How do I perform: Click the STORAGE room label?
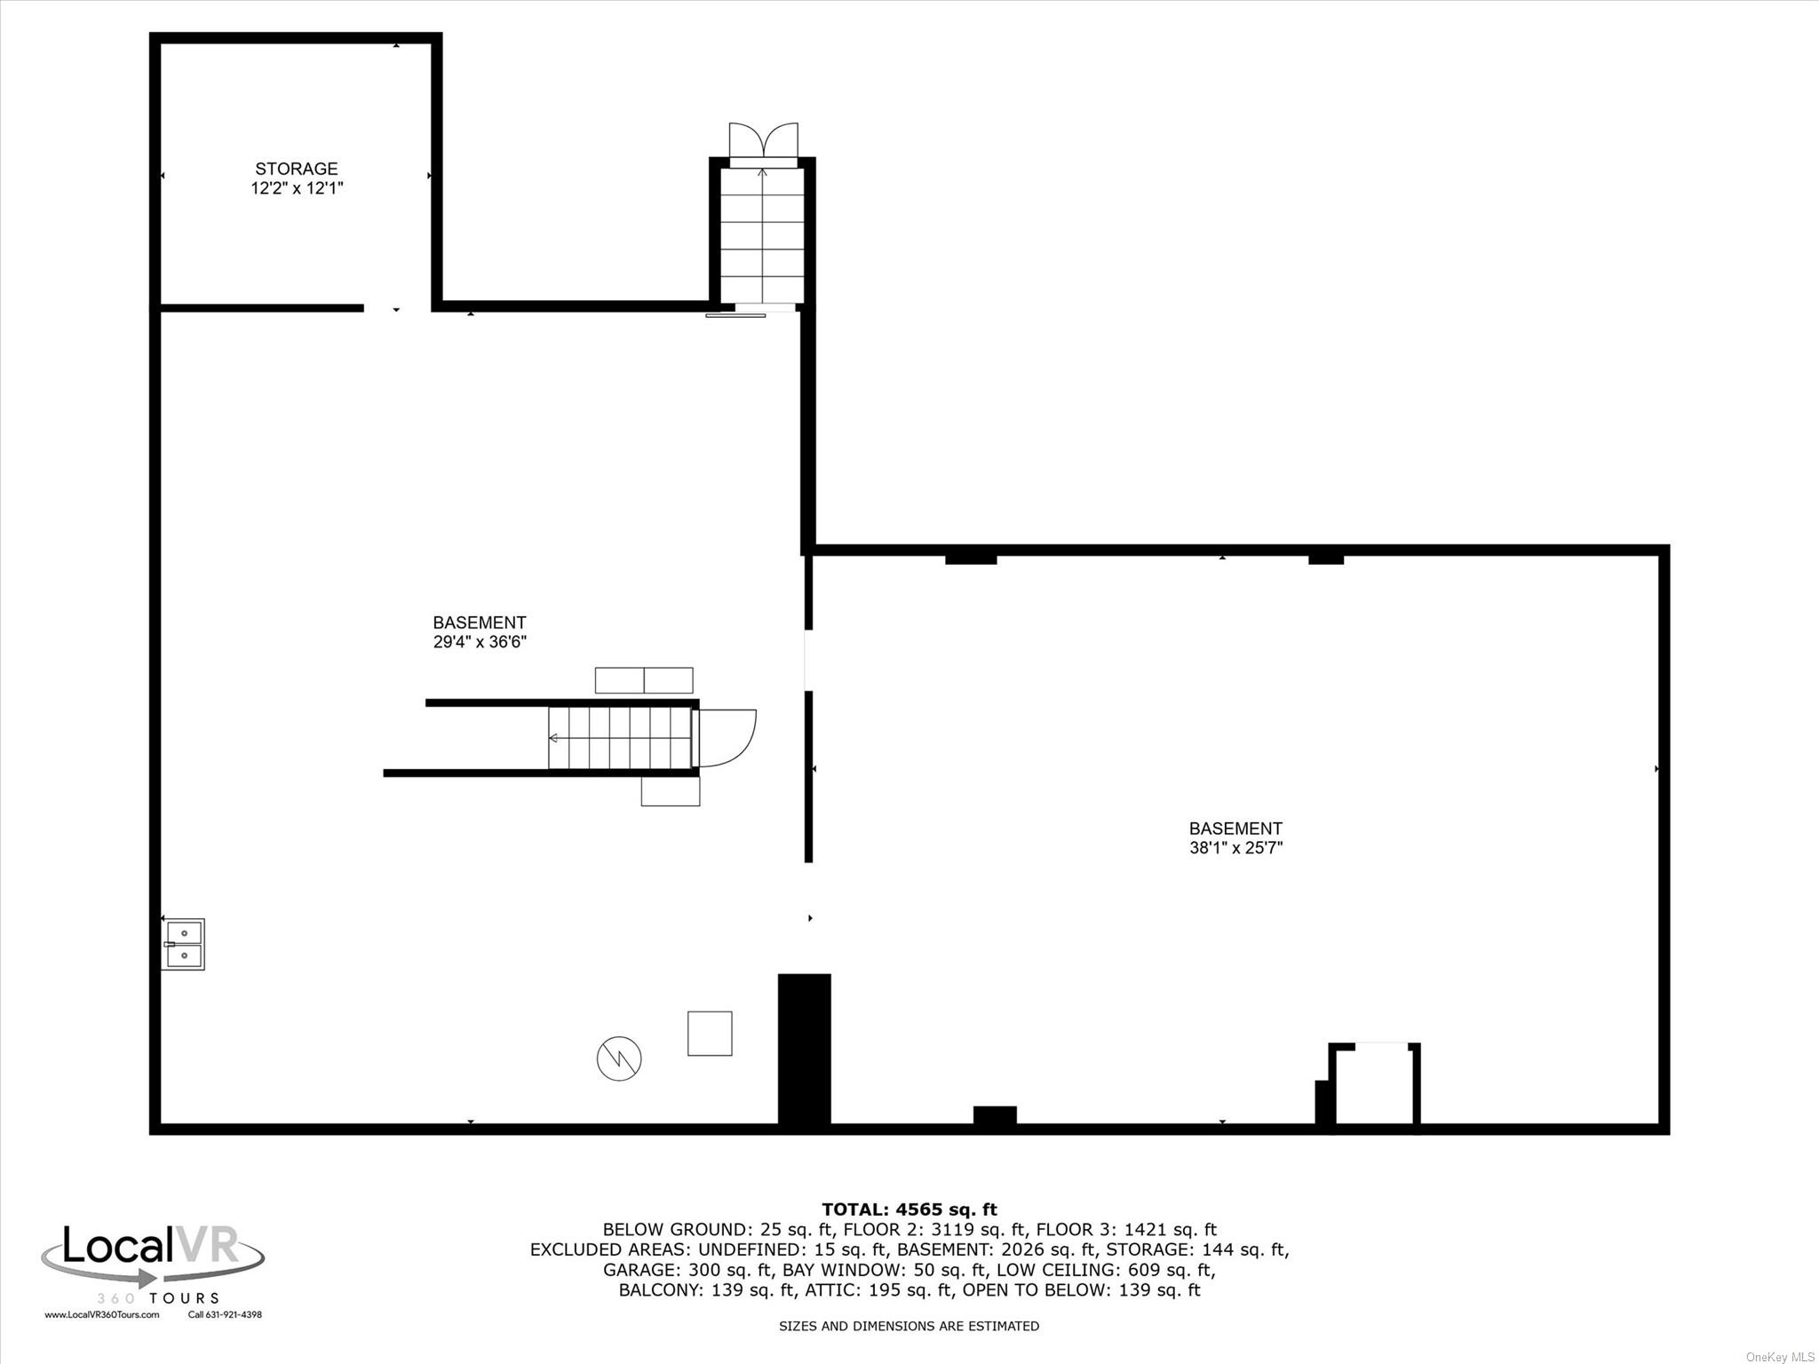tap(296, 169)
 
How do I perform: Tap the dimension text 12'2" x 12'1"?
tap(296, 188)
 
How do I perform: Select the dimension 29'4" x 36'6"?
tap(480, 642)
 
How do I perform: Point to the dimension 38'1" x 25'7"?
tap(1235, 848)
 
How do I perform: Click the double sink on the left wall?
tap(184, 944)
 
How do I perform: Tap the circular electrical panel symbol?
tap(619, 1059)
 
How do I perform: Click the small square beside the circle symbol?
tap(710, 1033)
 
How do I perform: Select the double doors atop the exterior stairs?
tap(763, 142)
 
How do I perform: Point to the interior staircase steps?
tap(620, 738)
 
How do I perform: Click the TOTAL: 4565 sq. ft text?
tap(909, 1209)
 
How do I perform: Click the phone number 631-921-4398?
tap(225, 1315)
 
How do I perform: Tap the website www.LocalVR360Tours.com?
tap(102, 1315)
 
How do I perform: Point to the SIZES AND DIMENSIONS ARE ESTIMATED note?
tap(909, 1327)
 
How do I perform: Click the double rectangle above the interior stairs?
tap(644, 680)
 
